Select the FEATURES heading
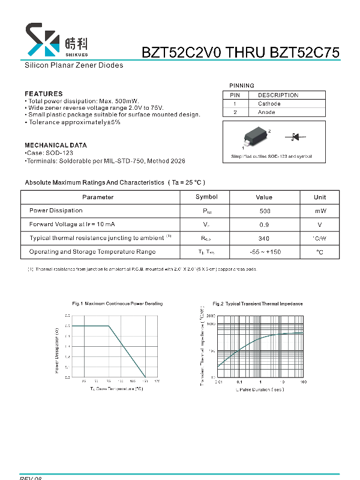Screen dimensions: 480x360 (x=43, y=94)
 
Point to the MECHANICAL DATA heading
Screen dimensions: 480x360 (x=55, y=145)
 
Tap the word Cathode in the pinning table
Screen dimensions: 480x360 (x=269, y=104)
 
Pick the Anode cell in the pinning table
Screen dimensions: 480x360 (x=266, y=112)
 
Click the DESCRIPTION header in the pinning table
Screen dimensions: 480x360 (x=278, y=95)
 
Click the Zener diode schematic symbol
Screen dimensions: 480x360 (x=295, y=137)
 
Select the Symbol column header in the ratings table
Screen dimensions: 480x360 (x=207, y=197)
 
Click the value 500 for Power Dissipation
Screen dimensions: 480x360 (x=265, y=211)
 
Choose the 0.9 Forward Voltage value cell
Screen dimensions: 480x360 (x=264, y=224)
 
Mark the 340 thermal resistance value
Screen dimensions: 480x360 (x=264, y=238)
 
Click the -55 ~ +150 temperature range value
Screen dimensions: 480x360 (x=264, y=252)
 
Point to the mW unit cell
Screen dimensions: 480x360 (x=320, y=211)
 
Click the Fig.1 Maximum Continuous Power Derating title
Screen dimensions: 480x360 (x=117, y=304)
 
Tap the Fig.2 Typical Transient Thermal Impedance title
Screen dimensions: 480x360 (x=257, y=304)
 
